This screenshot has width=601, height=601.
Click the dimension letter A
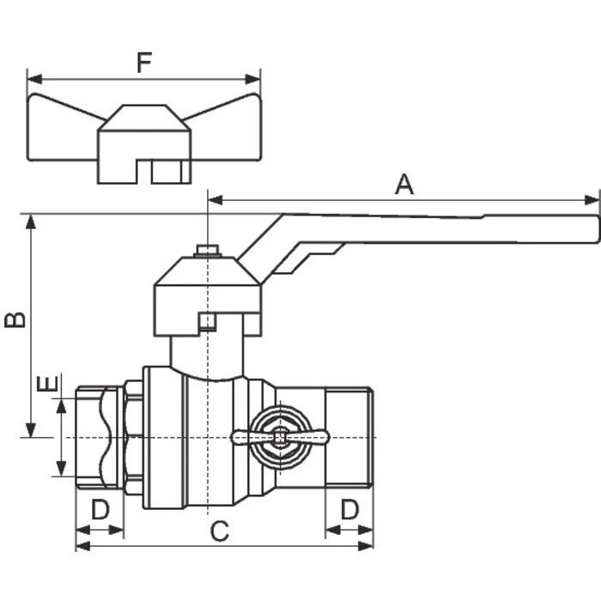click(404, 184)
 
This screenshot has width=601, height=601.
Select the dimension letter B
click(15, 319)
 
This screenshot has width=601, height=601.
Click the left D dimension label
click(100, 509)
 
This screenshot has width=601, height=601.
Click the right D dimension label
click(349, 509)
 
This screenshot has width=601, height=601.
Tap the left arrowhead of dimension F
click(33, 78)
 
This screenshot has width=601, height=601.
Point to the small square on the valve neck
click(206, 322)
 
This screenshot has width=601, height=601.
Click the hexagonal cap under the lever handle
click(207, 288)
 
